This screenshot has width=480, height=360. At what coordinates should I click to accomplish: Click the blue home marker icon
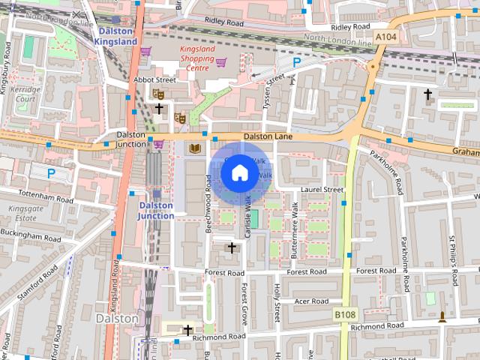point(238,173)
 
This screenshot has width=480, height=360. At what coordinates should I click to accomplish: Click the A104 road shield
point(386,36)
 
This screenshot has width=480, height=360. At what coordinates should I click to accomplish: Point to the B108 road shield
point(344,314)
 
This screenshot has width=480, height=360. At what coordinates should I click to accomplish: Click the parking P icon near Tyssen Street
point(297,64)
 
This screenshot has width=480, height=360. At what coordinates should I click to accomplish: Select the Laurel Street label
point(322,190)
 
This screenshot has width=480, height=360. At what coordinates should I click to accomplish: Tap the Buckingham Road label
point(31,235)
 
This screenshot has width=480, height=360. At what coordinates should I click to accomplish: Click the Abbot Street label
point(154,79)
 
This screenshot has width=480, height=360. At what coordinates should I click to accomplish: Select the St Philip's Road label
point(453,259)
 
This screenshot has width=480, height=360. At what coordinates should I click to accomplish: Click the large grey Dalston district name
point(118,318)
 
